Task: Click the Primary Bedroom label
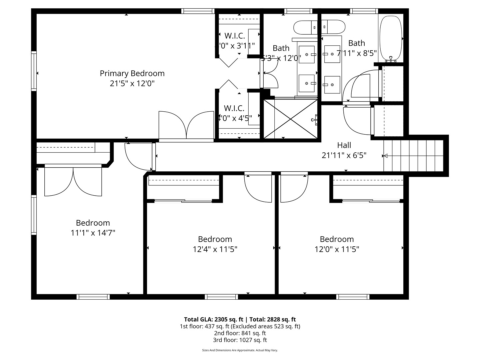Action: (132, 73)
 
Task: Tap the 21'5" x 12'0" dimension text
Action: (132, 83)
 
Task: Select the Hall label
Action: (344, 145)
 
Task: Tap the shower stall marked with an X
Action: (291, 119)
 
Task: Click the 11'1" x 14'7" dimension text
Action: (93, 233)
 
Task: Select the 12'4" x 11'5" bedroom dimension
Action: (215, 249)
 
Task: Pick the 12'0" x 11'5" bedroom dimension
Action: (337, 249)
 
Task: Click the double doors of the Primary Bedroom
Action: (186, 125)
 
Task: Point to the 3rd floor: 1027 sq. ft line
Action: (240, 340)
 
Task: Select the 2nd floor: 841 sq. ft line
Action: (240, 333)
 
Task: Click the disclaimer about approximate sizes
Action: (240, 350)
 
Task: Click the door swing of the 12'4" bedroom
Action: (258, 187)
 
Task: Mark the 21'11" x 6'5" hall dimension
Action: (344, 155)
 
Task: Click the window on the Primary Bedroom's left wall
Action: (34, 71)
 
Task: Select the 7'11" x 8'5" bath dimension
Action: (356, 53)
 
